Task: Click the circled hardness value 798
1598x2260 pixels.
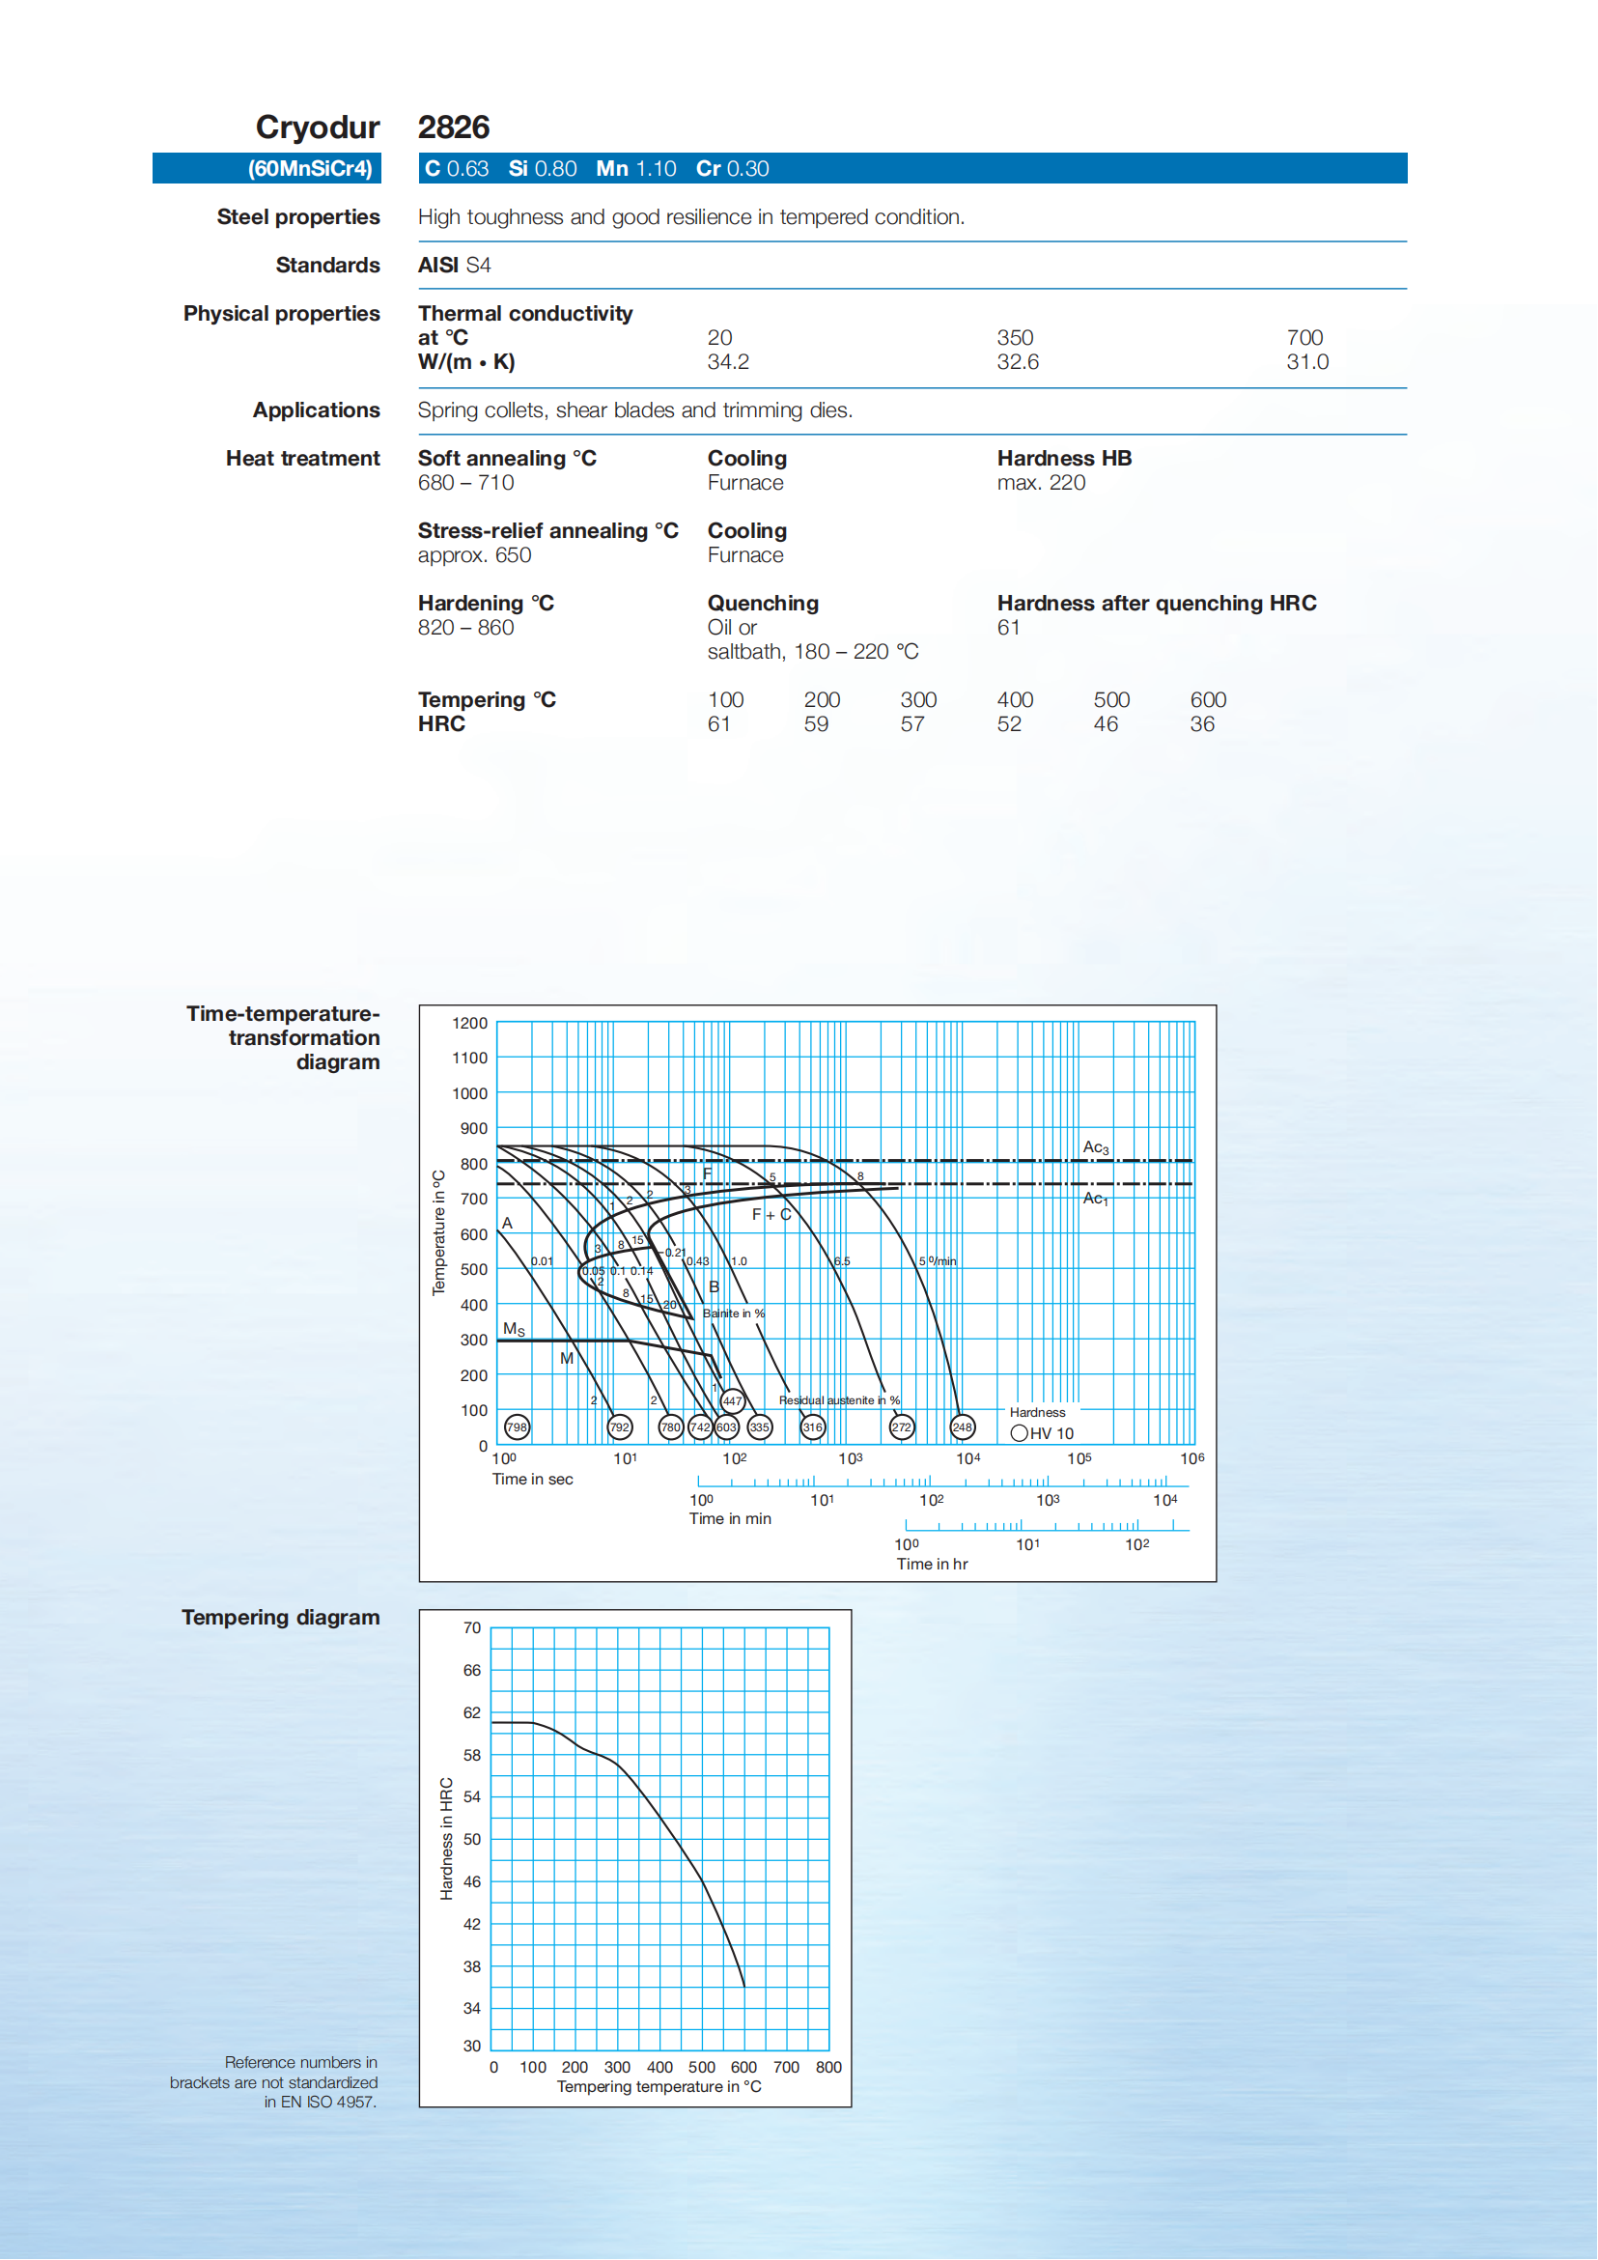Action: coord(517,1427)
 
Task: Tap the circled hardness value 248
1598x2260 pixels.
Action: coord(962,1427)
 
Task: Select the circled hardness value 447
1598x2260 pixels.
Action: coord(732,1400)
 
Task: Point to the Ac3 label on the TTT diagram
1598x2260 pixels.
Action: coord(1095,1147)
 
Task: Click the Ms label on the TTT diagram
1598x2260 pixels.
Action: coord(514,1329)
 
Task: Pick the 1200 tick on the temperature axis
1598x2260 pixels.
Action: coord(469,1024)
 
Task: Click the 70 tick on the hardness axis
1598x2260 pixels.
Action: coord(472,1628)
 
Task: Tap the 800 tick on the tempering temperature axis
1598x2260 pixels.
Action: coord(828,2067)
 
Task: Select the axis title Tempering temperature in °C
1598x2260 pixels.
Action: coord(659,2087)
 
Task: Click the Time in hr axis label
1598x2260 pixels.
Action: coord(931,1564)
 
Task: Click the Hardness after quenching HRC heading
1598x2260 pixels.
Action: coord(1156,604)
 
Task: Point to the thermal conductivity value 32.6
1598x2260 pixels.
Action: coord(1018,362)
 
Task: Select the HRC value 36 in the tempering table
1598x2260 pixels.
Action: coord(1201,724)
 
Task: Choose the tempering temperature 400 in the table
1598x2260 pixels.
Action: coord(1015,700)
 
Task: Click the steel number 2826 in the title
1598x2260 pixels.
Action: coord(454,127)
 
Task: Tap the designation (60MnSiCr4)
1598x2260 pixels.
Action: coord(310,168)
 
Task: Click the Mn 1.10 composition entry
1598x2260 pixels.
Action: coord(635,168)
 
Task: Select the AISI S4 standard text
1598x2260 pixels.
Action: coord(454,266)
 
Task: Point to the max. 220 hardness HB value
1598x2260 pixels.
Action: coord(1041,483)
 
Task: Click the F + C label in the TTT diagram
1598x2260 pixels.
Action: coord(771,1215)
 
